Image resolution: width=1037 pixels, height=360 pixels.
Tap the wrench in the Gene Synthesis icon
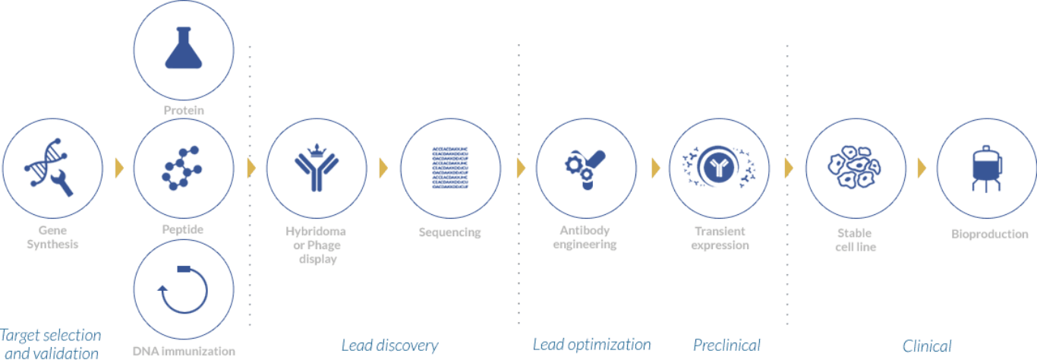coord(62,183)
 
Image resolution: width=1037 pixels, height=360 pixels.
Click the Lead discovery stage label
coord(389,345)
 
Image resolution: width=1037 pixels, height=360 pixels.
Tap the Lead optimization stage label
coord(591,345)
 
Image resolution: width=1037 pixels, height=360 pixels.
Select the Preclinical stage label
coord(727,345)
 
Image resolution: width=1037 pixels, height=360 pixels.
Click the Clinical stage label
coord(927,346)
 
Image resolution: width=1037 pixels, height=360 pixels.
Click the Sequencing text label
coord(450,232)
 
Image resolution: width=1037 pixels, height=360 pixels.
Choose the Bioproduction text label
coord(989,234)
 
